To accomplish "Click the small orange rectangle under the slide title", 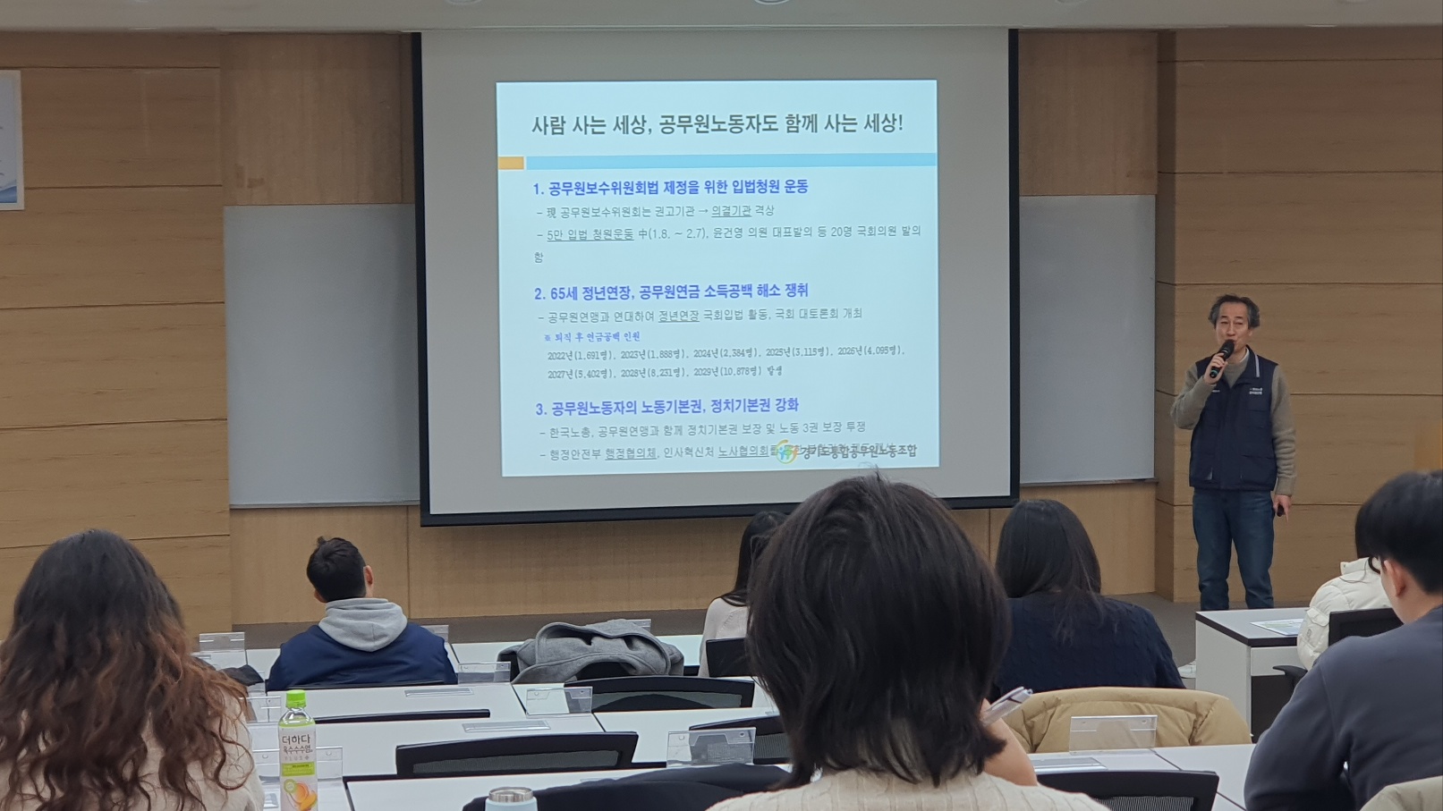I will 511,163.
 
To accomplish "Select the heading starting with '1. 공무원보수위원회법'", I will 670,187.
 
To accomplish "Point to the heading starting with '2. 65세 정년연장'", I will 671,291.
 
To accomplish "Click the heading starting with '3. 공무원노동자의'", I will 666,407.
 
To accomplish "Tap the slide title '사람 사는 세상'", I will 717,125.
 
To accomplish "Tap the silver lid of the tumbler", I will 511,795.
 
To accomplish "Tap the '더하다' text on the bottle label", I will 293,741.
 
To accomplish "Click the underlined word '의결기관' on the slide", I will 731,211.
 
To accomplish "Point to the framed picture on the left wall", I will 10,139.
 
